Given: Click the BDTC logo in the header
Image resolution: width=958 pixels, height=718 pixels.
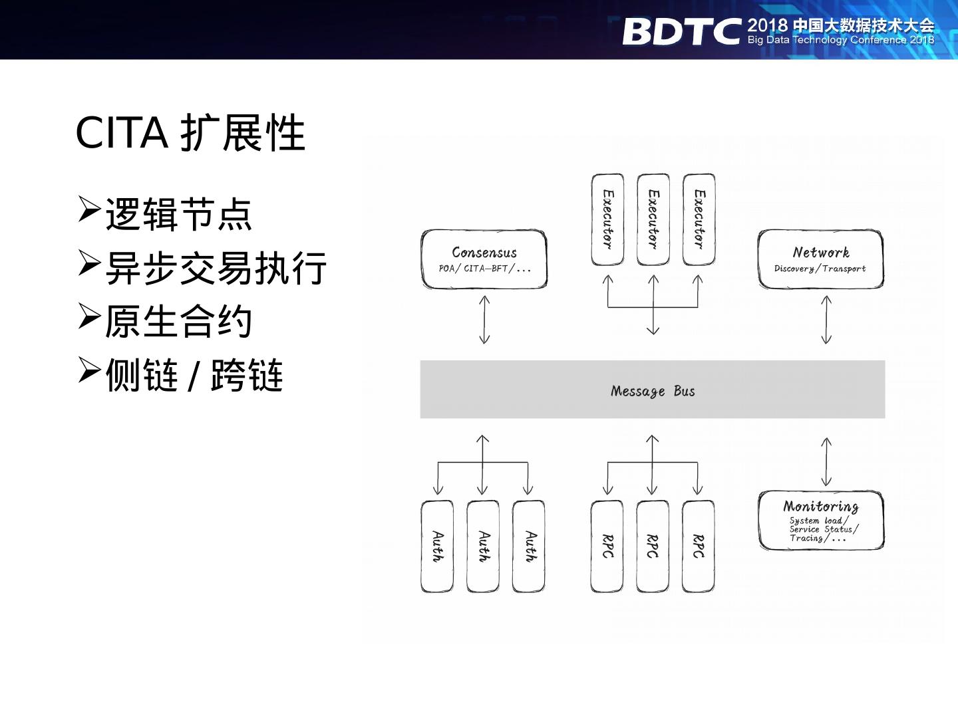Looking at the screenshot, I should point(681,31).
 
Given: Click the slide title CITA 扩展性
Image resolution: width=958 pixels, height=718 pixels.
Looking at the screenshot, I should point(190,133).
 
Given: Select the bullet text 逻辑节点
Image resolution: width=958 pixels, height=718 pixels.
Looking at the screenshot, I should point(178,214).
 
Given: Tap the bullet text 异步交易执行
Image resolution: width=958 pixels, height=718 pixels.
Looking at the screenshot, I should point(216,268).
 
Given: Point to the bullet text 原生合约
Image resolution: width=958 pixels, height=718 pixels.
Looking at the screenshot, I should point(178,321).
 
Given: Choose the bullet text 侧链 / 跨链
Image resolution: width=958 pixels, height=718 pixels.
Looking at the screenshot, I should point(194,375).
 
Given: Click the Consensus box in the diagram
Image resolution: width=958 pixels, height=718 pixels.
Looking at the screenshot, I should point(484,259).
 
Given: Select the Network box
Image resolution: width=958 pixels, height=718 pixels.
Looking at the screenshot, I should point(820,259).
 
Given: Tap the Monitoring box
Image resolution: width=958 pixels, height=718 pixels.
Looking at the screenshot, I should point(821,521).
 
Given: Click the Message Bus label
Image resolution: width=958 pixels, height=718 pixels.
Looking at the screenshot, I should point(653,391).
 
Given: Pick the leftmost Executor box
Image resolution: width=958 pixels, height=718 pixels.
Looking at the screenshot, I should point(607,219).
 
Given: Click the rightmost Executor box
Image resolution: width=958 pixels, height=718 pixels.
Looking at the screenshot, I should point(699,219).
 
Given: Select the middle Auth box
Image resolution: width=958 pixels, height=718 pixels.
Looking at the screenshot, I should point(483,546).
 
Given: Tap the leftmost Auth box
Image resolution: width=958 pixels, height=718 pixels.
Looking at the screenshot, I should point(437,546).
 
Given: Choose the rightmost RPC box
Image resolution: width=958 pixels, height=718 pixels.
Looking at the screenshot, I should point(698,546).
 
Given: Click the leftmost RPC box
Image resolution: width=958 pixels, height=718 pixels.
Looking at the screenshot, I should point(607,546).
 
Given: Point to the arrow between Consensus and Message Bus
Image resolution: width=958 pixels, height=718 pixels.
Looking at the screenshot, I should point(484,320).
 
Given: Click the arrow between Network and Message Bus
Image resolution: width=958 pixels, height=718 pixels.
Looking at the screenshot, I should point(826,320).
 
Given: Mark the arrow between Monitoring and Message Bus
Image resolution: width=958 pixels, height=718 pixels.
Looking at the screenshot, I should point(826,461).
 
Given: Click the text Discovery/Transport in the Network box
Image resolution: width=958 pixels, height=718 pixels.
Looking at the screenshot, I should point(820,269).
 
